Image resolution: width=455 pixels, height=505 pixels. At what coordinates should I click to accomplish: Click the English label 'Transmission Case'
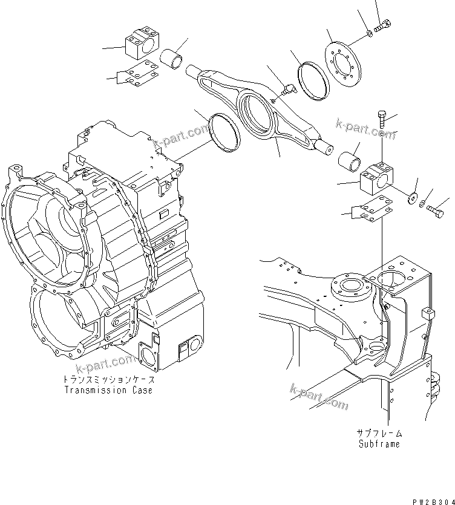(x=108, y=390)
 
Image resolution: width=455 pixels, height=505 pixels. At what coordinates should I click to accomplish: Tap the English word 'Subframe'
(x=378, y=444)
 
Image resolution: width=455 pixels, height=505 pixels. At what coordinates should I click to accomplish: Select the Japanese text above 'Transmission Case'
(x=108, y=380)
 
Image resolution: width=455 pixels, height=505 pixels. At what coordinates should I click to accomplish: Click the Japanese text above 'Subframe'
(x=379, y=434)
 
